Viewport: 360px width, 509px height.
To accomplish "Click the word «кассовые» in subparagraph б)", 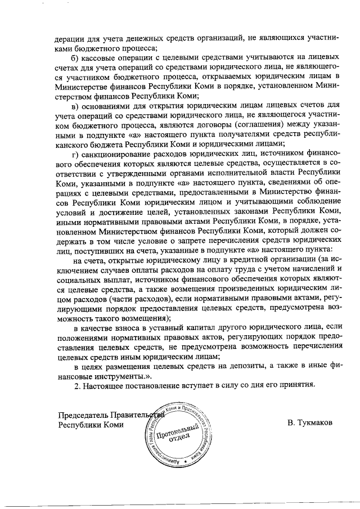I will [100, 57].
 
